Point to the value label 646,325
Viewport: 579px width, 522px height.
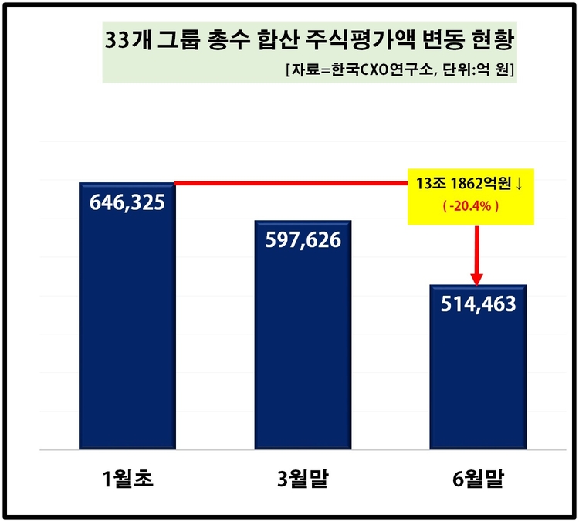[127, 207]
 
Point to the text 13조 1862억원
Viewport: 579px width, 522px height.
[464, 185]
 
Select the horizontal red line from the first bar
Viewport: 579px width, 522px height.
[293, 183]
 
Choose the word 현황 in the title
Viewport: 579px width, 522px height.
[490, 42]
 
